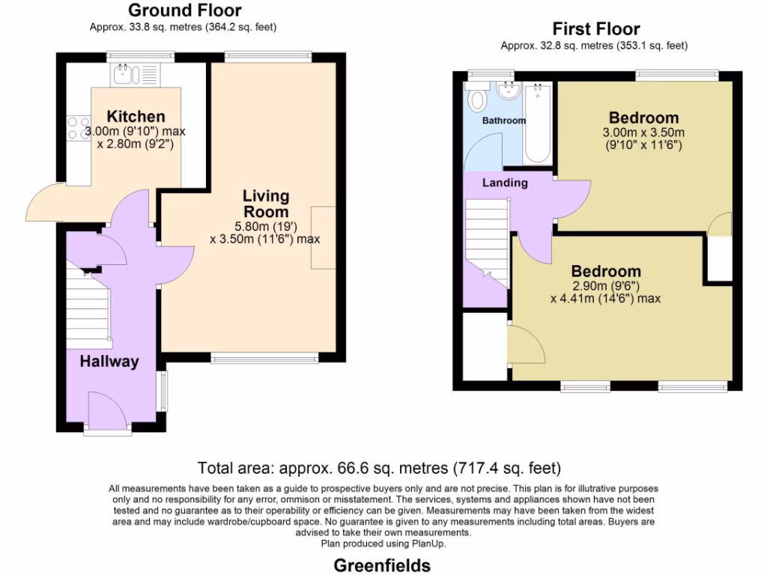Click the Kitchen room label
[136, 116]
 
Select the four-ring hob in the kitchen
[77, 128]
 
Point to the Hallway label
[109, 362]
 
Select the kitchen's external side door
[46, 204]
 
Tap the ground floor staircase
[88, 307]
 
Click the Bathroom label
[503, 121]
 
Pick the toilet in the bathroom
[476, 98]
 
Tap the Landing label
[504, 183]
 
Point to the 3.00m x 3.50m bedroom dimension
[643, 139]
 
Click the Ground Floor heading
[184, 10]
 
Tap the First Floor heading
[595, 29]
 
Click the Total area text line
[379, 469]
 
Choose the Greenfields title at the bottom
[381, 565]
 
